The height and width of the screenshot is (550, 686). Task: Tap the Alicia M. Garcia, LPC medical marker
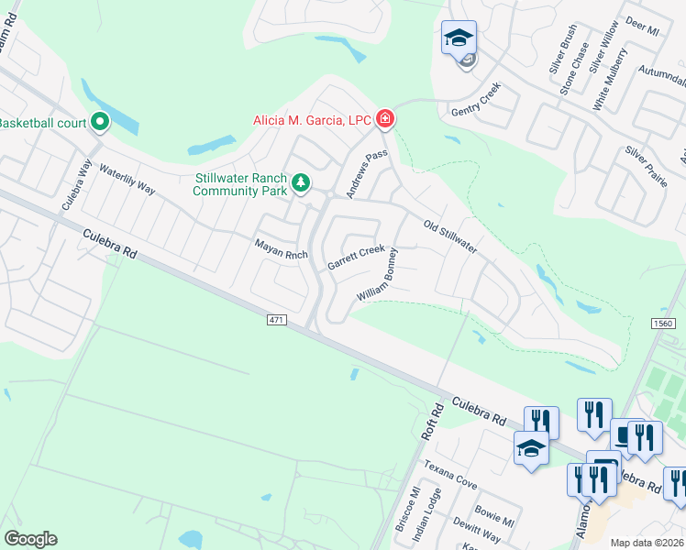point(385,119)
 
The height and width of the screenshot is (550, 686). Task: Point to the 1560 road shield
point(665,324)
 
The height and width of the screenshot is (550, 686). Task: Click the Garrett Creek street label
point(357,257)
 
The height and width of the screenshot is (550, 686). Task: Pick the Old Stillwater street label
point(450,237)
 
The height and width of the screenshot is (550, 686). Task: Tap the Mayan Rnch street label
point(281,247)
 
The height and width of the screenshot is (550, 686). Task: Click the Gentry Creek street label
point(476,104)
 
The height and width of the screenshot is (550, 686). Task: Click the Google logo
point(30,539)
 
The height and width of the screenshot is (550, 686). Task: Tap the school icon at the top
point(459,39)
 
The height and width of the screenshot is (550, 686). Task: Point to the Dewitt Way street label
point(480,531)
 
